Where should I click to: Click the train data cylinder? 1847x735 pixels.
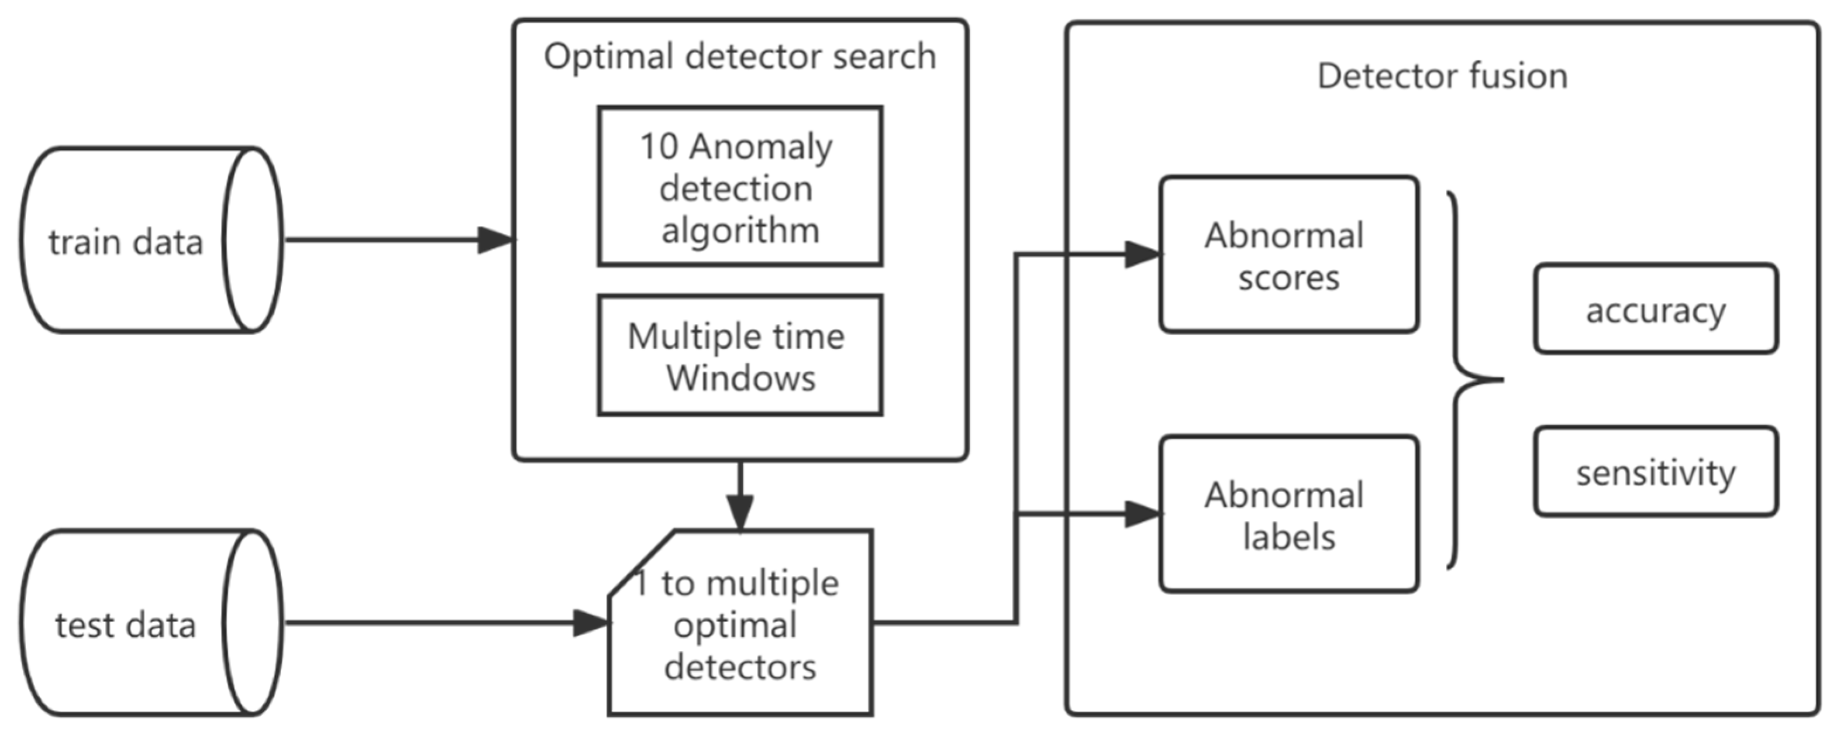[x=143, y=240]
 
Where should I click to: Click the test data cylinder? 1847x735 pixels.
[x=143, y=623]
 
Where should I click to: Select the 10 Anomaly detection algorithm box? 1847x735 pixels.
[x=739, y=187]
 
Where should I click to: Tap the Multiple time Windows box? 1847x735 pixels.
[x=739, y=356]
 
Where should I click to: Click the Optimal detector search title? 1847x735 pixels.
[x=739, y=56]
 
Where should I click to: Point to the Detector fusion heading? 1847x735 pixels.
[x=1442, y=76]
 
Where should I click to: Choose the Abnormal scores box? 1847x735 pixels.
[x=1288, y=255]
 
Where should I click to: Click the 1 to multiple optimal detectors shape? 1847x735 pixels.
[x=739, y=624]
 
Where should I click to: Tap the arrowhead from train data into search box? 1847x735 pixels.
[x=496, y=240]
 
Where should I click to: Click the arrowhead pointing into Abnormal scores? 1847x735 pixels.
[x=1143, y=255]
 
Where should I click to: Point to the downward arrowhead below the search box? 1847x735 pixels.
[x=739, y=512]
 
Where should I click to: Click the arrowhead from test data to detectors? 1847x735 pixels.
[x=591, y=623]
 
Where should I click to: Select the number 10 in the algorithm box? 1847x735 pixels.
[x=658, y=147]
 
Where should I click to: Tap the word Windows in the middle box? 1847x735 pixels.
[x=740, y=378]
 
